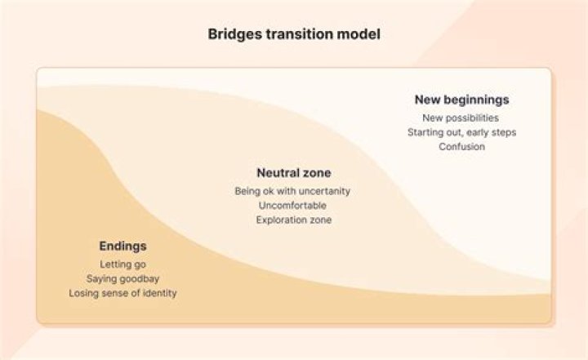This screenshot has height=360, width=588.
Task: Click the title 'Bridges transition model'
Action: (294, 34)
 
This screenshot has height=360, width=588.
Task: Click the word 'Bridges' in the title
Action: (235, 34)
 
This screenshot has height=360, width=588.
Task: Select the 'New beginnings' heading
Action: (461, 100)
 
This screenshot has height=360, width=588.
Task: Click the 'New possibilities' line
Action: (461, 118)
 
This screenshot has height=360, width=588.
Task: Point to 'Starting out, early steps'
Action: (461, 132)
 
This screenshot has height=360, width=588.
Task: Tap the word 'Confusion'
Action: (461, 147)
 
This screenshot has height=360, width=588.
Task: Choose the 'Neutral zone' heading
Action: (294, 173)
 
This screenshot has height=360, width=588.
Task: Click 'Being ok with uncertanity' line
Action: (292, 191)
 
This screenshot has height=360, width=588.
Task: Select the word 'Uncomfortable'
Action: (292, 206)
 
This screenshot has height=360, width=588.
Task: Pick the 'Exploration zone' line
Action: (294, 220)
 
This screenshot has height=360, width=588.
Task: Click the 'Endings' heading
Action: (123, 247)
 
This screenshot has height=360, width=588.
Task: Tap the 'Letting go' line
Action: (123, 264)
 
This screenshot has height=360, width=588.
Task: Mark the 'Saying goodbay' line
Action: (122, 279)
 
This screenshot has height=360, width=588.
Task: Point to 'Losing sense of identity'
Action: (122, 293)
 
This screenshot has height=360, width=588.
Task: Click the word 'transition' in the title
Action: (300, 34)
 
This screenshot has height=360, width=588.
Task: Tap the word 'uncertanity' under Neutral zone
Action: (325, 191)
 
